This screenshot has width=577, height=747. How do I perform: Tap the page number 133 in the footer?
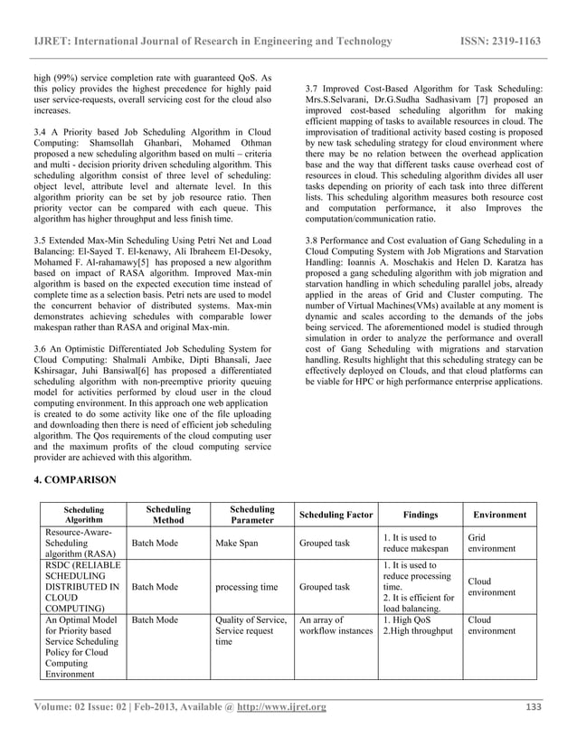[534, 706]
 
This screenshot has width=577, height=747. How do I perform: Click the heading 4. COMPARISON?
[76, 478]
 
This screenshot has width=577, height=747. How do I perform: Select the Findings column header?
[420, 515]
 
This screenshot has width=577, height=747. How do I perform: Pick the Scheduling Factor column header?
[336, 515]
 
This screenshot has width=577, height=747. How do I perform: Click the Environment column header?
[499, 515]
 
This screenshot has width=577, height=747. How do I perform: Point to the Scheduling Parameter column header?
[251, 515]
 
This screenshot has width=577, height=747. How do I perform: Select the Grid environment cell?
[492, 544]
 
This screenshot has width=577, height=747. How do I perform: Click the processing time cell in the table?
[246, 587]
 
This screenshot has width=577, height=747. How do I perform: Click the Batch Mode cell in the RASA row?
[156, 544]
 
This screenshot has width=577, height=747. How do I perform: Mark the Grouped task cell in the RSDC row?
[324, 587]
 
